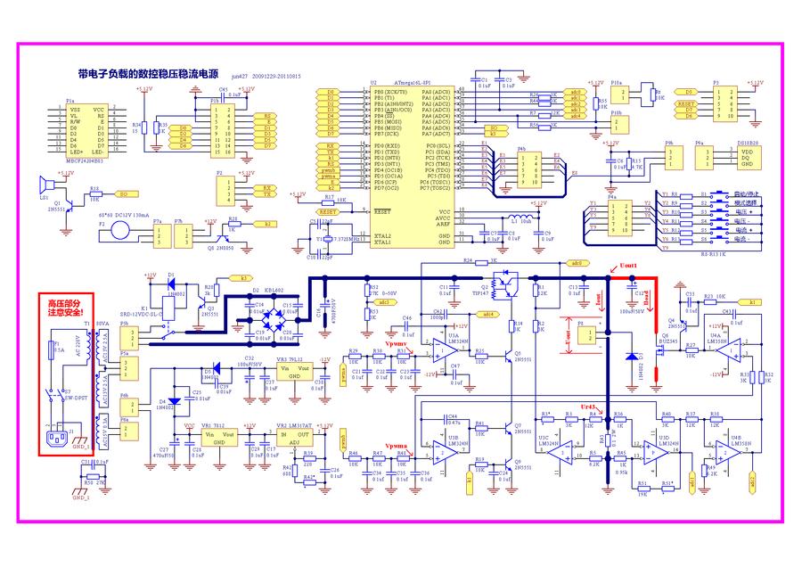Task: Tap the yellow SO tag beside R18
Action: [x=124, y=193]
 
